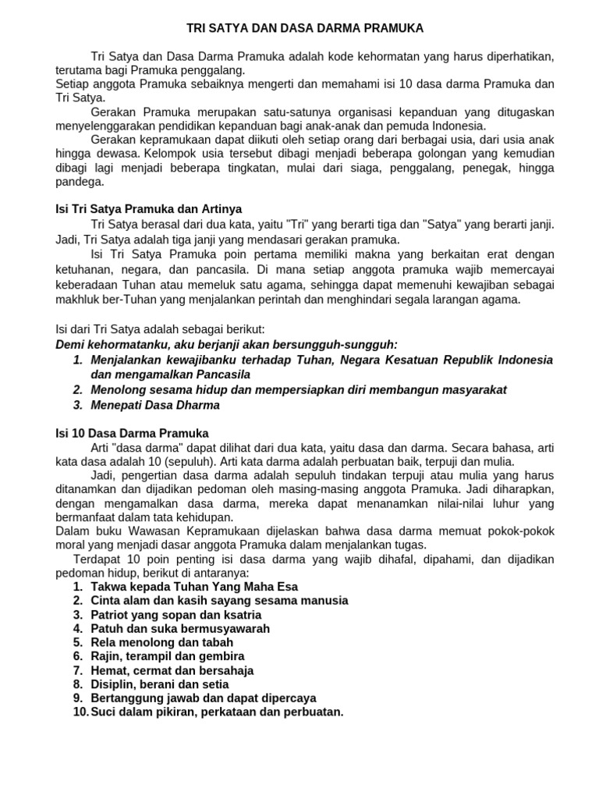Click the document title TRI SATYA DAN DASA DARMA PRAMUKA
coord(305,28)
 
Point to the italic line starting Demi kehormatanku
coord(226,344)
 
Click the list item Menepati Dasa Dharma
coord(155,405)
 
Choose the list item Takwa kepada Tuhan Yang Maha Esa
coord(194,586)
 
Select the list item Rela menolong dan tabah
coord(161,642)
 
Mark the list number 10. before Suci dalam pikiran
coord(80,712)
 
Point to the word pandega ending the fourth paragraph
coord(80,182)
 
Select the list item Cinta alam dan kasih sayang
coord(219,600)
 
